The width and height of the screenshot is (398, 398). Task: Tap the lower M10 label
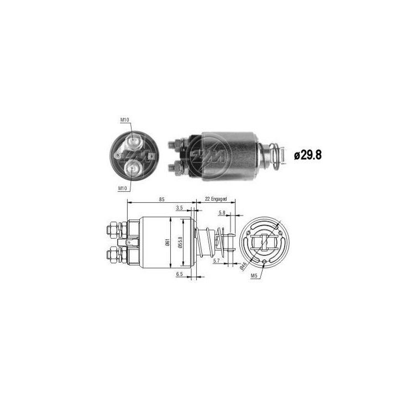pos(123,188)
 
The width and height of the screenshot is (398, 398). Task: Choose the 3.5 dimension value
pos(179,208)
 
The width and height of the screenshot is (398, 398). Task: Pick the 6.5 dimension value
pos(179,274)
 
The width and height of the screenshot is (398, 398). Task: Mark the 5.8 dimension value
pos(222,213)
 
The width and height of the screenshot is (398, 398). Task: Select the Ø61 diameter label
pos(166,243)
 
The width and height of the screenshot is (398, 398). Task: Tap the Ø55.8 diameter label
pos(181,243)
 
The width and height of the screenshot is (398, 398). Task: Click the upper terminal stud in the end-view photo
pos(134,142)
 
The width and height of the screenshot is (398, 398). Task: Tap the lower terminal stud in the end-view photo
pos(133,166)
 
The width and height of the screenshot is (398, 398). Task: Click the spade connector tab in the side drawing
pos(131,242)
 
